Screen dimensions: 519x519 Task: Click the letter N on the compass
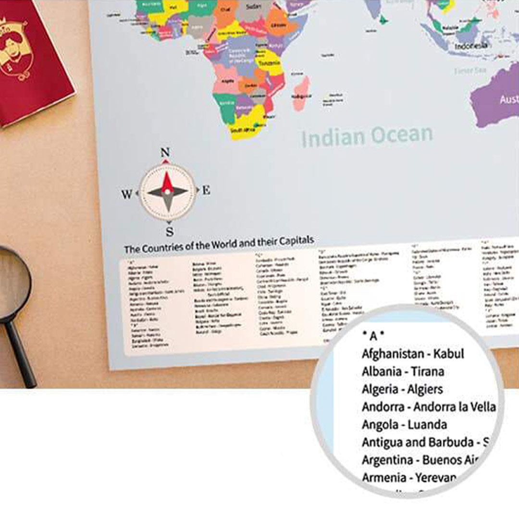[165, 153]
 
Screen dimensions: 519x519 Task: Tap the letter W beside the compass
[127, 194]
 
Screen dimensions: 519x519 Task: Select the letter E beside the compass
[206, 190]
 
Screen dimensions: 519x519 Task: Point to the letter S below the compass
[169, 232]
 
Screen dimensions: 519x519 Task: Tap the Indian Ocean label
[367, 136]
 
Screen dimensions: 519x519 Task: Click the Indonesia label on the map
[471, 46]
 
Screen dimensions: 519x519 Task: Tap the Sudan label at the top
[253, 7]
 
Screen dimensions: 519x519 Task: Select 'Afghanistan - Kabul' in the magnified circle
[413, 354]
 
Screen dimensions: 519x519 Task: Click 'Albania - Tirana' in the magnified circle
[403, 371]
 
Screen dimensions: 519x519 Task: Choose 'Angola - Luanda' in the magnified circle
[404, 425]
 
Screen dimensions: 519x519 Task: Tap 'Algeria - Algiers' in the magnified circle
[402, 389]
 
